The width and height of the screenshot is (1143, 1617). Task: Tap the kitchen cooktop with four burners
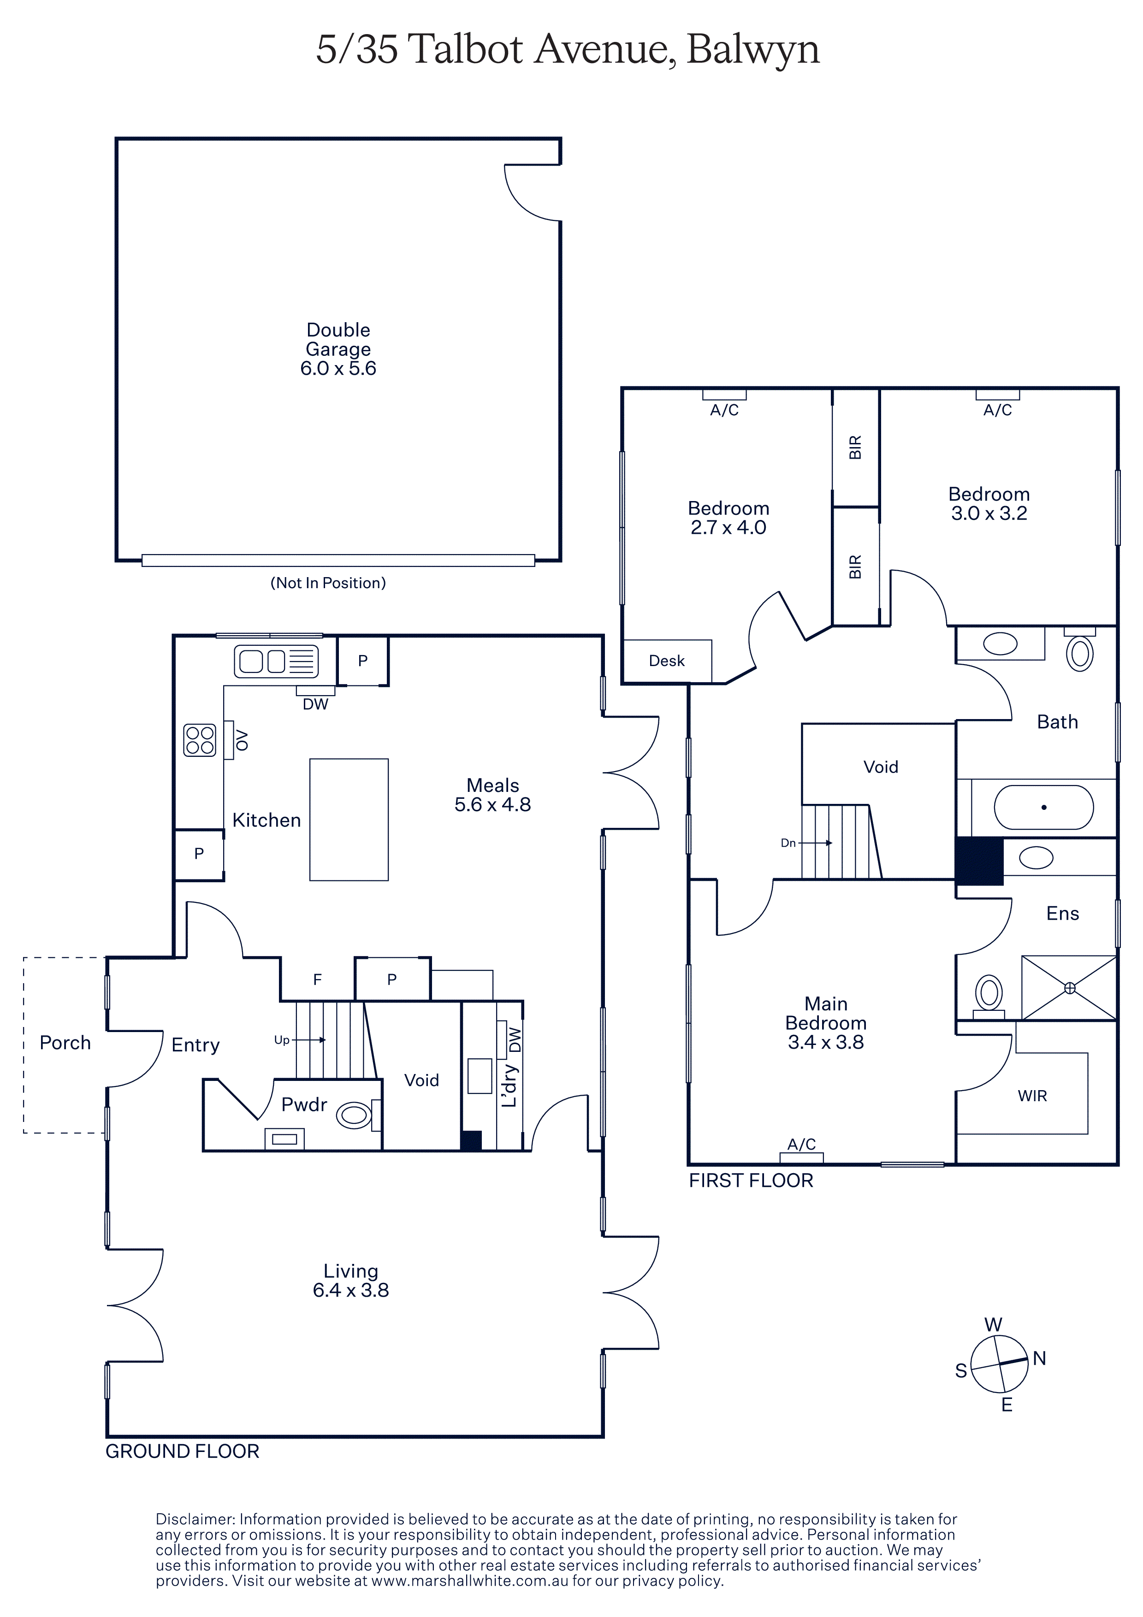pyautogui.click(x=199, y=740)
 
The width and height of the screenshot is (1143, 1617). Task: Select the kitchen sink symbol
pyautogui.click(x=276, y=661)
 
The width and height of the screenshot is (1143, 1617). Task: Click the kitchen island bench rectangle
pyautogui.click(x=349, y=819)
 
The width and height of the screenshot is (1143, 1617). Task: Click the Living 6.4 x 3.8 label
pyautogui.click(x=351, y=1281)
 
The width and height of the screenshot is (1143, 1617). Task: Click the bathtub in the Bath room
pyautogui.click(x=1044, y=807)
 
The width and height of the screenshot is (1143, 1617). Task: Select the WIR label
pyautogui.click(x=1032, y=1096)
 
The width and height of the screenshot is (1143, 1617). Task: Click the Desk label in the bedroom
pyautogui.click(x=667, y=661)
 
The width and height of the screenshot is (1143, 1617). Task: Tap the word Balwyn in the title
pyautogui.click(x=753, y=51)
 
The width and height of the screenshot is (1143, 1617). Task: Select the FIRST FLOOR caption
pyautogui.click(x=751, y=1180)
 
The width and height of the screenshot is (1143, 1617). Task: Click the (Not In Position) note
pyautogui.click(x=328, y=583)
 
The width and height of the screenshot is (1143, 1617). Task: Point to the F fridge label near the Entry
pyautogui.click(x=318, y=979)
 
